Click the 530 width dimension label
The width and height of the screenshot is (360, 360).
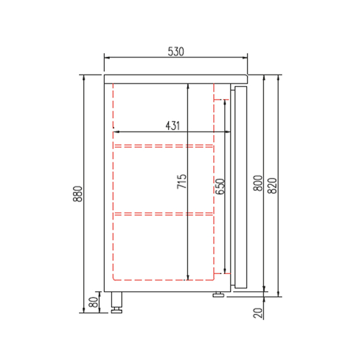tap(175, 52)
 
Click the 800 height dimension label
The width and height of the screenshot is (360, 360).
tap(257, 184)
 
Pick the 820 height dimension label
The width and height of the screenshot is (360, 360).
tap(272, 184)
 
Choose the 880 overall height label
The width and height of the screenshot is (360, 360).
tap(78, 193)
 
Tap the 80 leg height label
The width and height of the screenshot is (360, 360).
tap(93, 303)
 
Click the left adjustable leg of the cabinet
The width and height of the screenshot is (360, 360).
tap(116, 303)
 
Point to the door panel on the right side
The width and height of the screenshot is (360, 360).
tap(239, 188)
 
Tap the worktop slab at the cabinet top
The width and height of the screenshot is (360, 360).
tap(176, 78)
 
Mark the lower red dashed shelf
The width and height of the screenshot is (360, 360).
tap(163, 213)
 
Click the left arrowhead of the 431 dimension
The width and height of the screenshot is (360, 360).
tap(116, 132)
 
